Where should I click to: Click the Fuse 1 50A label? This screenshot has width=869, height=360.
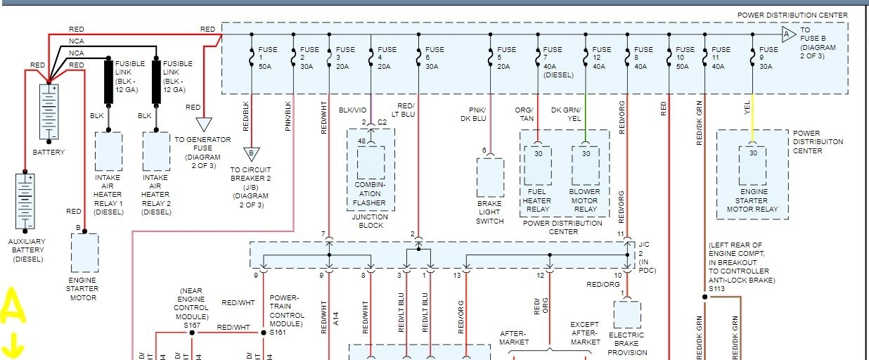tap(266, 58)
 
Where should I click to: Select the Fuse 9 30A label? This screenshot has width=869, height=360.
tap(768, 58)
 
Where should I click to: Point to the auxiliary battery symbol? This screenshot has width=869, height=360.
tap(25, 201)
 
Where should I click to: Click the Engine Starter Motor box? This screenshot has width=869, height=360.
tap(84, 252)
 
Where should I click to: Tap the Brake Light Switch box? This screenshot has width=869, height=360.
tap(490, 177)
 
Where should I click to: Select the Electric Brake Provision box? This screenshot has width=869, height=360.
tap(626, 314)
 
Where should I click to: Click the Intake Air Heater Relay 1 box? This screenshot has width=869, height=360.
tap(108, 151)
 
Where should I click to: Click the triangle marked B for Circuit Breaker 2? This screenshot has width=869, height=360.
tap(250, 154)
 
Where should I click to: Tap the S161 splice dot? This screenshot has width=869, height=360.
tap(264, 333)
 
